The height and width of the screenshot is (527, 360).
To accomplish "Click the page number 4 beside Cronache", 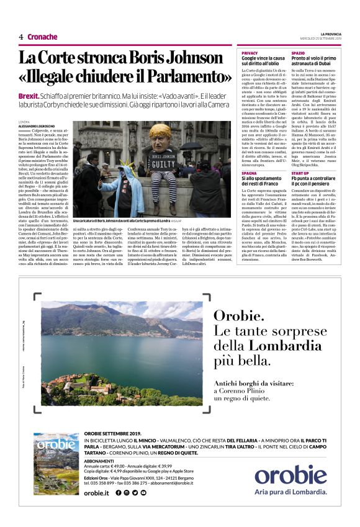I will (x=20, y=37).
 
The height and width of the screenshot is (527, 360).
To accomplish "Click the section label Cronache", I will (x=43, y=37).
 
